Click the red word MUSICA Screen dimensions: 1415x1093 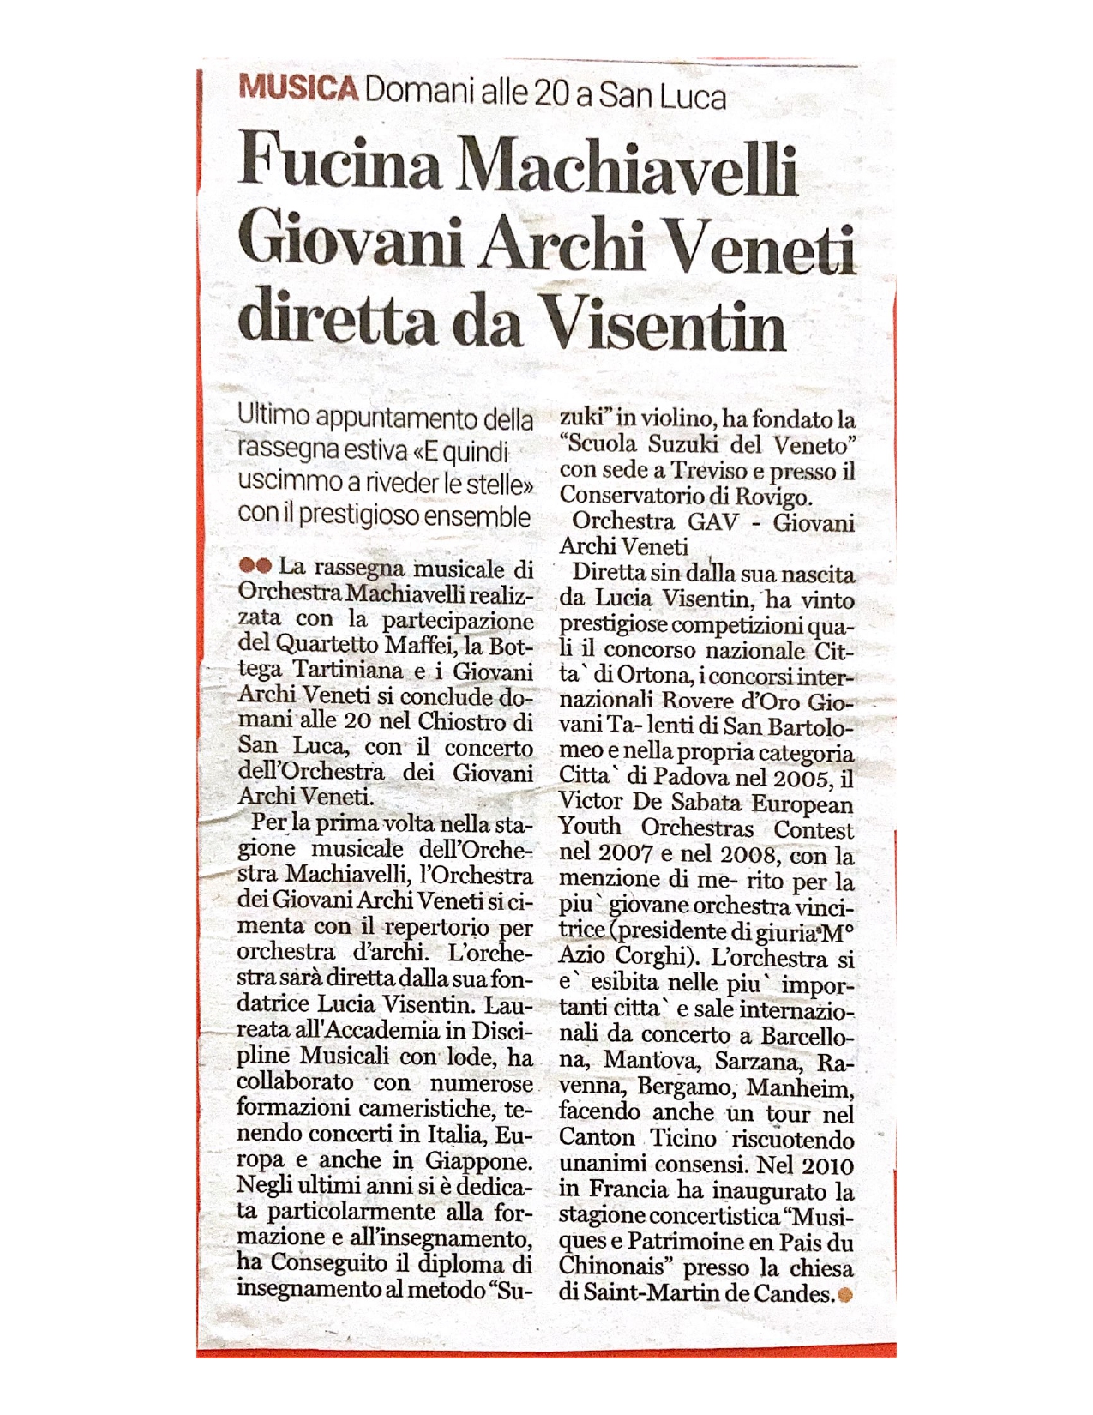[x=297, y=89]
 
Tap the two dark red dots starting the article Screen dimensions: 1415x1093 [x=255, y=565]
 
